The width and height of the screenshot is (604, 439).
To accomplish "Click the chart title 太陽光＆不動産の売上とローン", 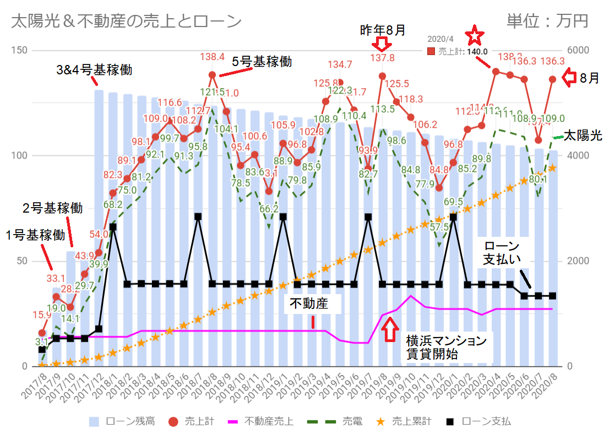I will [126, 21].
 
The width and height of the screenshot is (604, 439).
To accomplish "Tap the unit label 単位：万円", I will [547, 21].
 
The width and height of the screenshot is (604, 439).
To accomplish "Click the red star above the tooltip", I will [475, 36].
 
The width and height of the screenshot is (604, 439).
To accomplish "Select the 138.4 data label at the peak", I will [212, 56].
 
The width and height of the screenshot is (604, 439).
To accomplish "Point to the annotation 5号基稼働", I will [262, 62].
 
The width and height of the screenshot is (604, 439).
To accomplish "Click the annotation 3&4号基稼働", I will [95, 71].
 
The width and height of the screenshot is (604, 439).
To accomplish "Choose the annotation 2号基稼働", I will [52, 208].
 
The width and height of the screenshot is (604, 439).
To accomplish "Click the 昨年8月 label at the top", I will [382, 30].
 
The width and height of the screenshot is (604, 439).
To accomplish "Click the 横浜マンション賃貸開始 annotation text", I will [446, 347].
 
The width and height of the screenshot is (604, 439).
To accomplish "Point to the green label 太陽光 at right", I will [583, 135].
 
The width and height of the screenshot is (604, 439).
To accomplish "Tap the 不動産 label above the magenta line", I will [313, 303].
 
